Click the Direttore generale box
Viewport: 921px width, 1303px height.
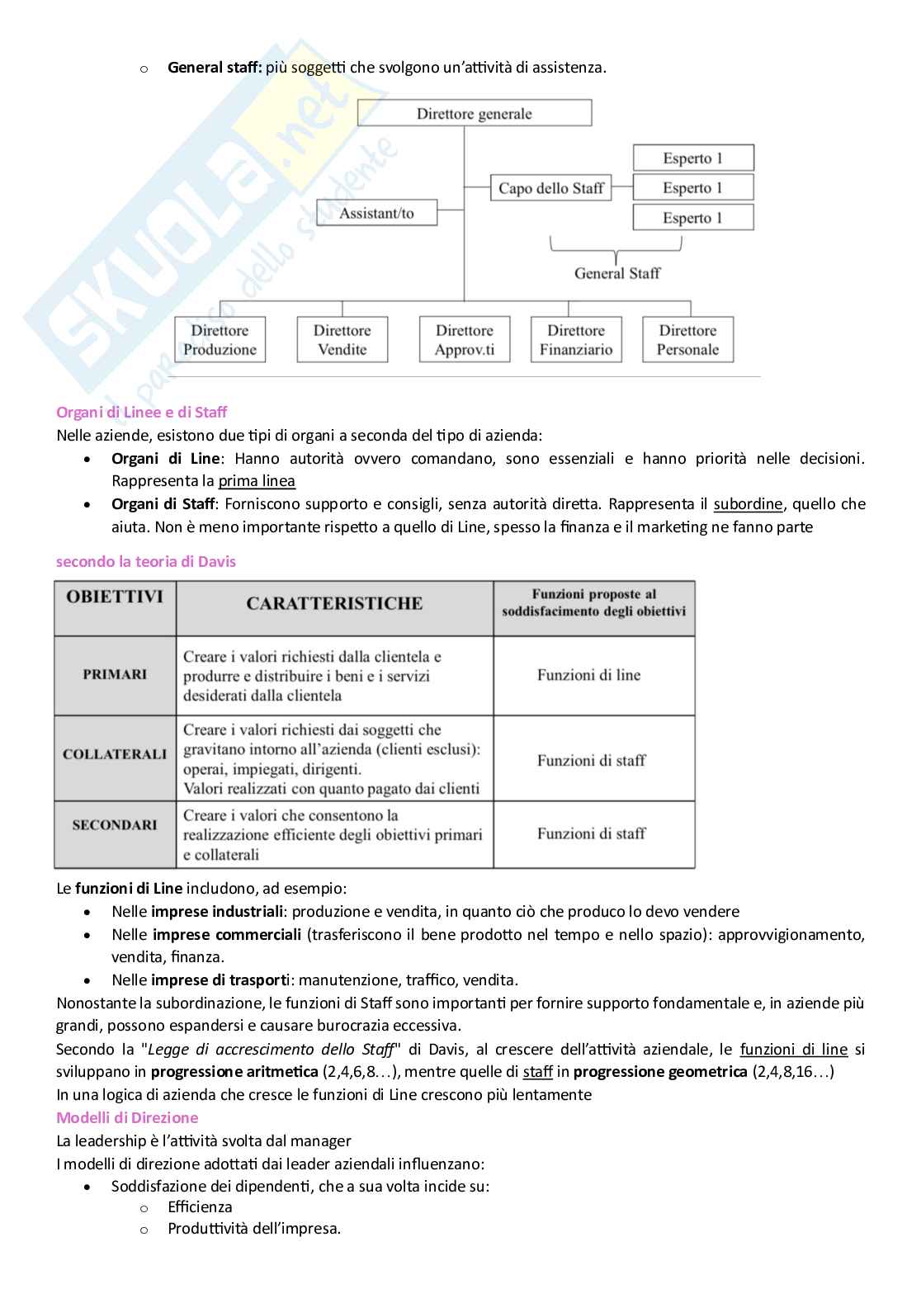click(475, 114)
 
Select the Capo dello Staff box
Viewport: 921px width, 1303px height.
click(550, 188)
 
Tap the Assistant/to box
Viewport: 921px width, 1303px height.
click(376, 213)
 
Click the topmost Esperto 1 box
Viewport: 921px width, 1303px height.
click(693, 158)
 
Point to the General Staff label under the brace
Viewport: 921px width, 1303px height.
click(617, 273)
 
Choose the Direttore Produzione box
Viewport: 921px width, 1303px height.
click(220, 340)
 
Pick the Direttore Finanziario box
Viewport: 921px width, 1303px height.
click(576, 340)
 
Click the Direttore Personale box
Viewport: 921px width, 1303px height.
click(687, 340)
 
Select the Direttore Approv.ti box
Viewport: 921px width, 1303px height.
click(465, 340)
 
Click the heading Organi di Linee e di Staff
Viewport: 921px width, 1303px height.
click(141, 412)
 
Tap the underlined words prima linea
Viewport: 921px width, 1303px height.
click(257, 481)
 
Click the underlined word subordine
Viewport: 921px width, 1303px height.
click(748, 504)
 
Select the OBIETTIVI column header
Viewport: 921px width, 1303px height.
click(115, 597)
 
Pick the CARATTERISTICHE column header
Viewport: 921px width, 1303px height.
click(334, 603)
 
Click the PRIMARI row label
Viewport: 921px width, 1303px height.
click(115, 674)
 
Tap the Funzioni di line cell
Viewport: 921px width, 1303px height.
click(588, 675)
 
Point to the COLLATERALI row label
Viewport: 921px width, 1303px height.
click(115, 754)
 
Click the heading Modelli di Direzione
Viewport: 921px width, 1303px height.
click(127, 1117)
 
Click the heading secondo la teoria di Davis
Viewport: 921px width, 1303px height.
click(145, 561)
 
